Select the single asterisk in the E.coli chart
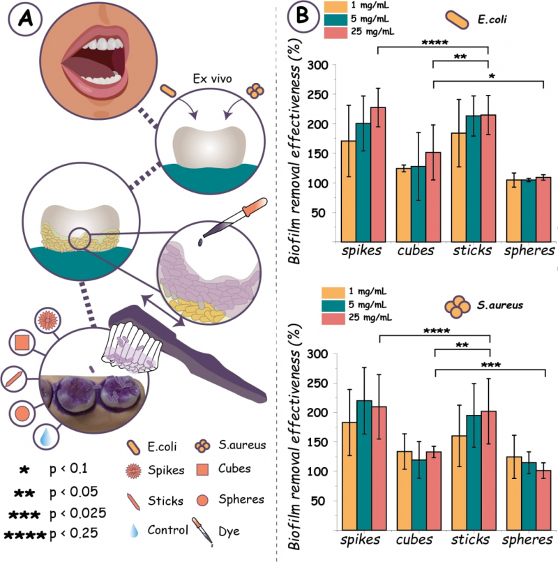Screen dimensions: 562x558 point(491,75)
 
